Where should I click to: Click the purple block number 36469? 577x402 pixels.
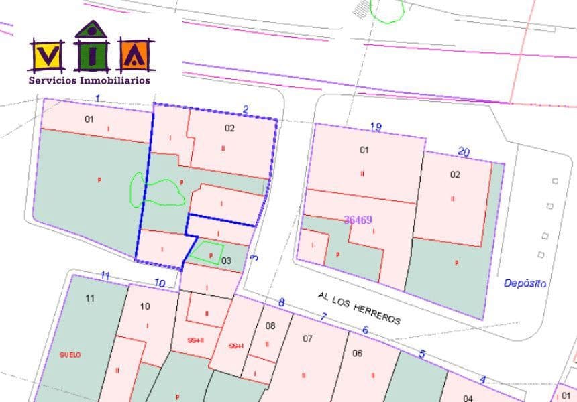pos(358,220)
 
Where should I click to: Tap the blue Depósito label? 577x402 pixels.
pos(525,283)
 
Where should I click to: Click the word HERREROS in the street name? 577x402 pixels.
pos(376,312)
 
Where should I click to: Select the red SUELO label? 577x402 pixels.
pos(70,355)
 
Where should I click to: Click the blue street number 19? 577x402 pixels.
pos(376,127)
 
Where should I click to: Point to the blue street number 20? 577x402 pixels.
pos(463,151)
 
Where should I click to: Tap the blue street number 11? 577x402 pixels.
pos(105,275)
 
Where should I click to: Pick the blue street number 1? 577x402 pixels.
pos(98,99)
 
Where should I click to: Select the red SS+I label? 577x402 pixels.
pos(235,346)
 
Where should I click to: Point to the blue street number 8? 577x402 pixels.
pos(281,303)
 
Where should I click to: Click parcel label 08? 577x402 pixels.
pos(270,326)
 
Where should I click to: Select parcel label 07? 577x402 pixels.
pos(307,338)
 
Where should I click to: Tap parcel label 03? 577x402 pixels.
pos(226,261)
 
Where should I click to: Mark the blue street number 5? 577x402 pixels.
pos(422,354)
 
